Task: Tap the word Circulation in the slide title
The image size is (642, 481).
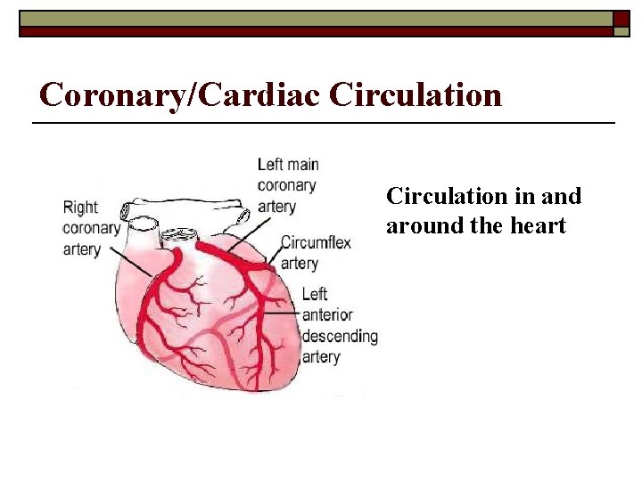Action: pos(415,94)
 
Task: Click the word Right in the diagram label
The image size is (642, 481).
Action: pos(80,208)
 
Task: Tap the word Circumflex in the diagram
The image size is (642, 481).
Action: pos(317,242)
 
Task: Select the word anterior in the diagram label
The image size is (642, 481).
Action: pos(327,314)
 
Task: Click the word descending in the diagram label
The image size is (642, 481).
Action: pos(340,336)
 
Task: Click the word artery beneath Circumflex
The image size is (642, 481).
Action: pos(300,263)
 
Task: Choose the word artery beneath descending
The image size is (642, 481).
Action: pos(321,357)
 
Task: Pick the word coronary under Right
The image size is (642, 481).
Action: pos(91,228)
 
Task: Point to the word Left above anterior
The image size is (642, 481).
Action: pos(315,294)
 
